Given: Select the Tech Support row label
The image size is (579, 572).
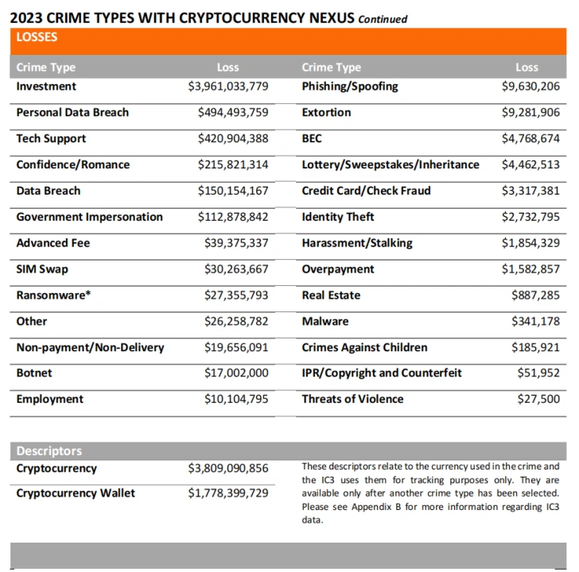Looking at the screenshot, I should pos(51,139).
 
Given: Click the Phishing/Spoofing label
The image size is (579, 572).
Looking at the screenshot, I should pos(350,87).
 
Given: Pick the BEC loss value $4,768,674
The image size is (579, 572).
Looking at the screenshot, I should pos(530,139).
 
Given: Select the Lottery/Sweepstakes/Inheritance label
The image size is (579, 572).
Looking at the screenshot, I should pos(391,165).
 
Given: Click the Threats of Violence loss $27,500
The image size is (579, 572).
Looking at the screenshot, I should pos(538,400).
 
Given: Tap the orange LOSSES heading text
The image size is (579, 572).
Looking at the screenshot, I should pos(37,37).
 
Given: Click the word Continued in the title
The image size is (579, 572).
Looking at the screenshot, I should pos(383,19).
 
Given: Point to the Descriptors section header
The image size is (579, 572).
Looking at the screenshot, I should pos(49,451).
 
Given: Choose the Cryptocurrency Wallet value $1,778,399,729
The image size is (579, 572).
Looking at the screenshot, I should pos(228,493).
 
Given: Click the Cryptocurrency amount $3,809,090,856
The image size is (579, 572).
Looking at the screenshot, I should pos(228,469).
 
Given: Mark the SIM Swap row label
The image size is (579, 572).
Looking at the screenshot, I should pos(42,269).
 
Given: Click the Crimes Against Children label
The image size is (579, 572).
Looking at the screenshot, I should pos(364,348).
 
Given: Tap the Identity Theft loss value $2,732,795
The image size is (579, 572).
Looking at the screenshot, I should pos(530,217).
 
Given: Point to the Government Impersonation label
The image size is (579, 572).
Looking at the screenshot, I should pos(89,217).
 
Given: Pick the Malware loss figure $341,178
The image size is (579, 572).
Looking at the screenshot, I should pos(536,322).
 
